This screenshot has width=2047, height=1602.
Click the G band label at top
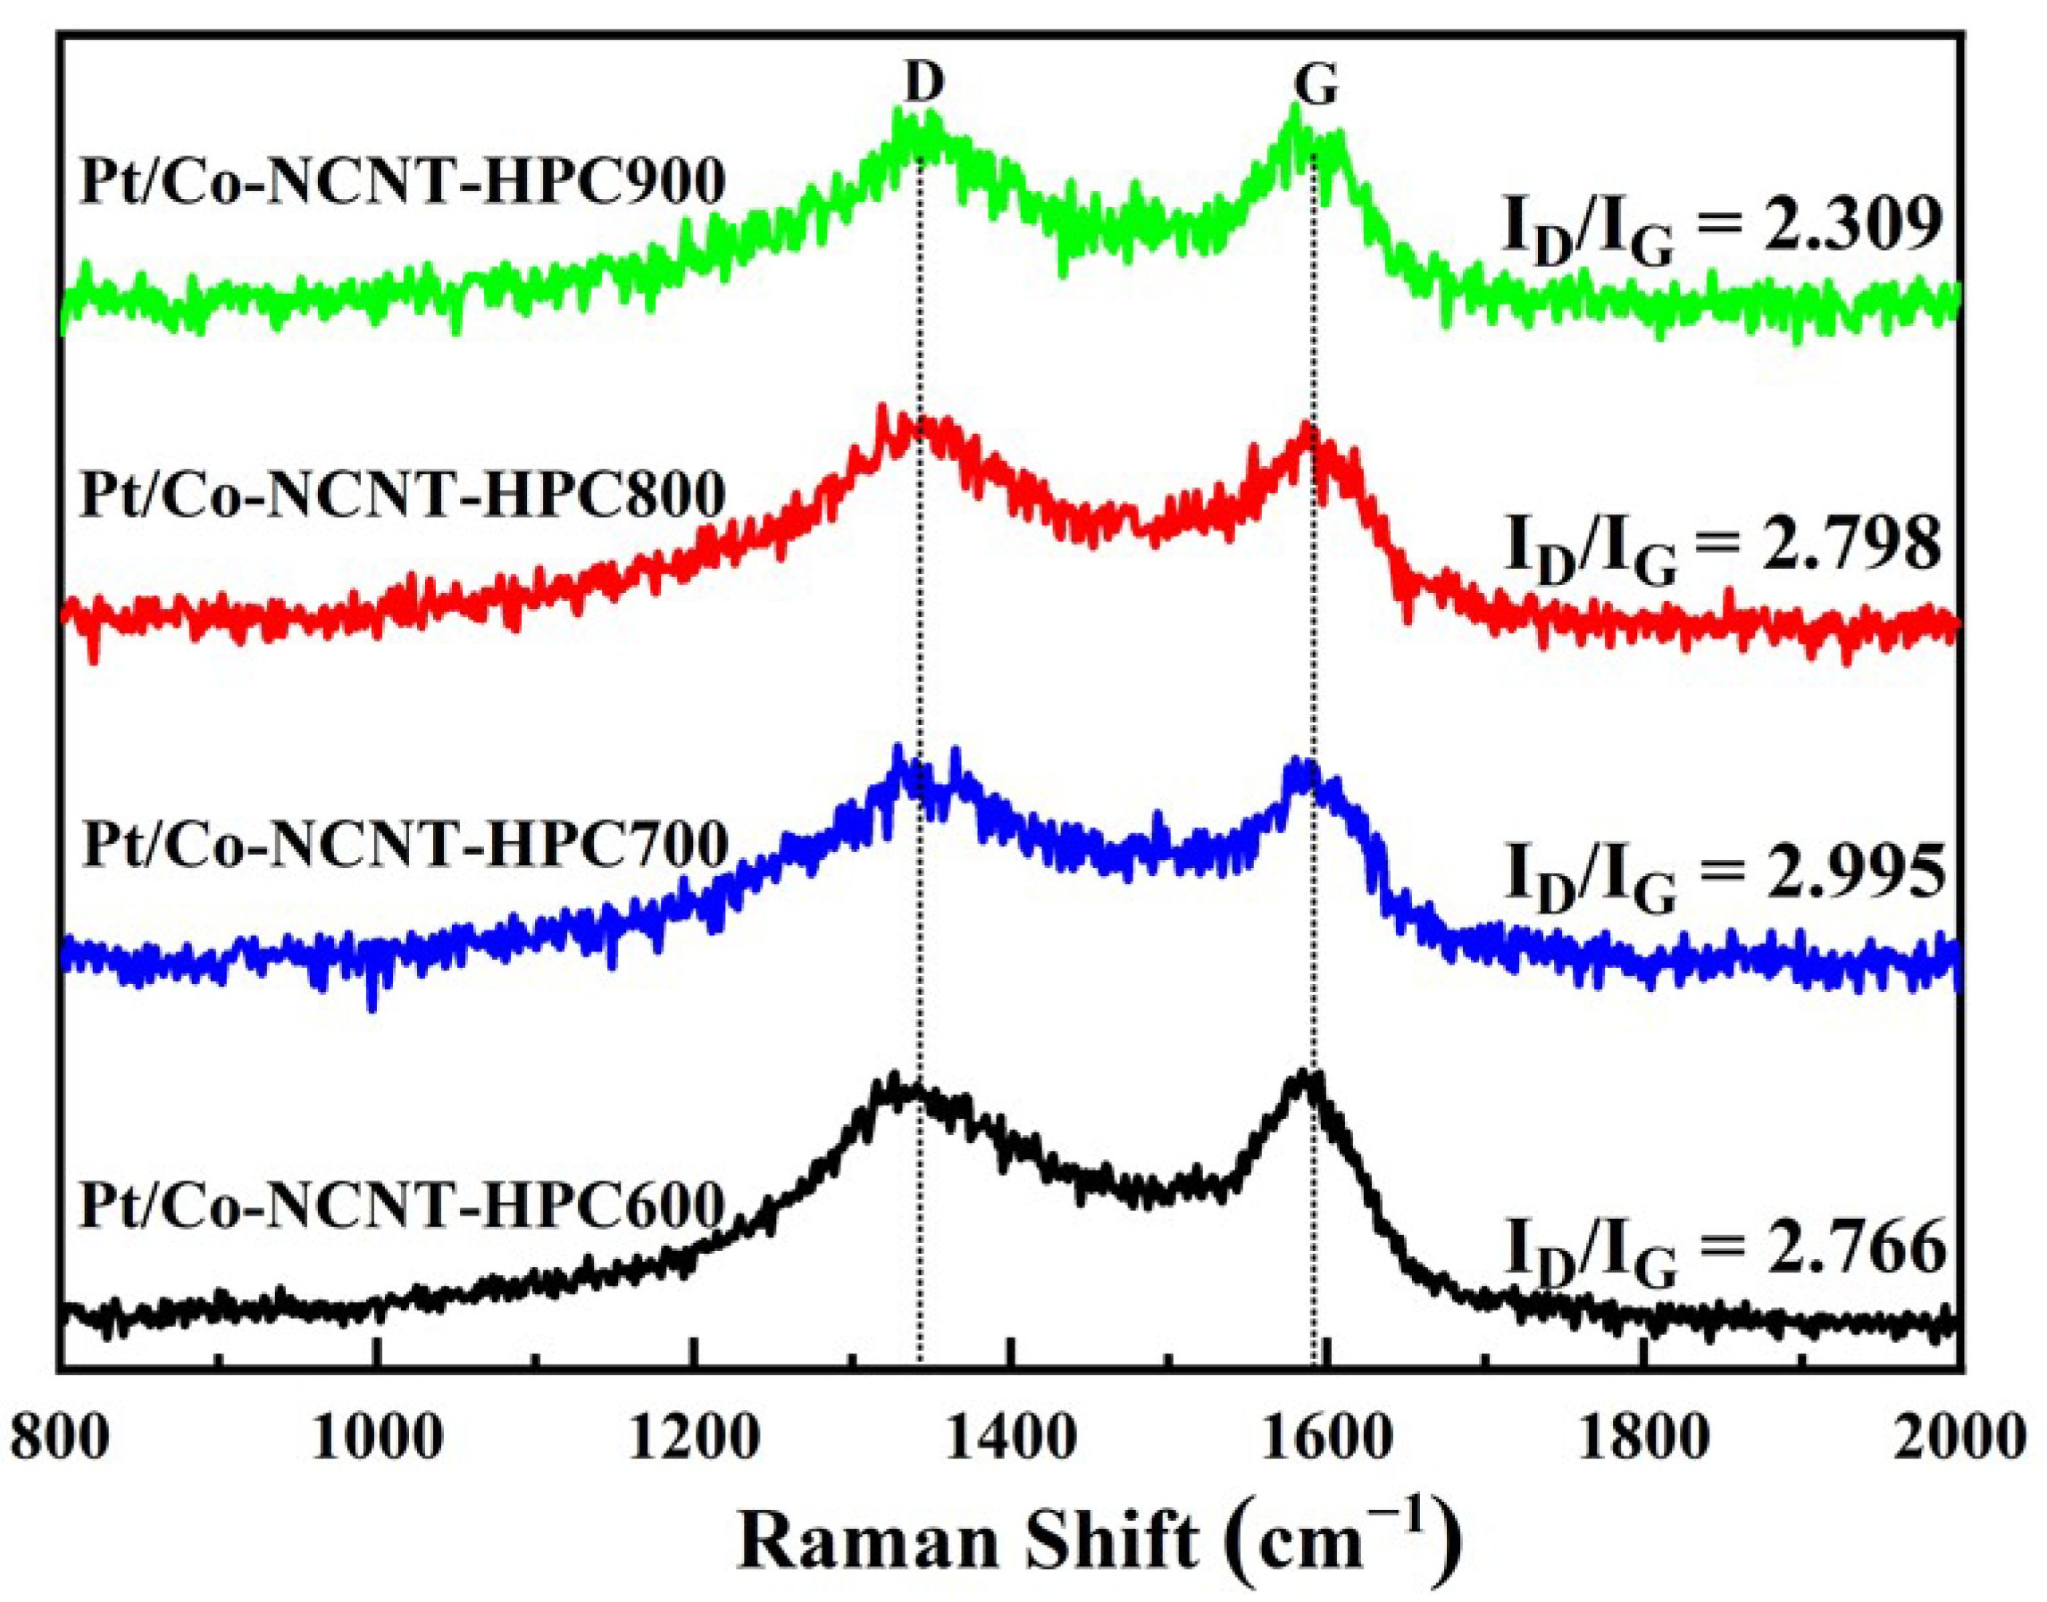pos(1316,87)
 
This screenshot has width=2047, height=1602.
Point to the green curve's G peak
pos(1297,113)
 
